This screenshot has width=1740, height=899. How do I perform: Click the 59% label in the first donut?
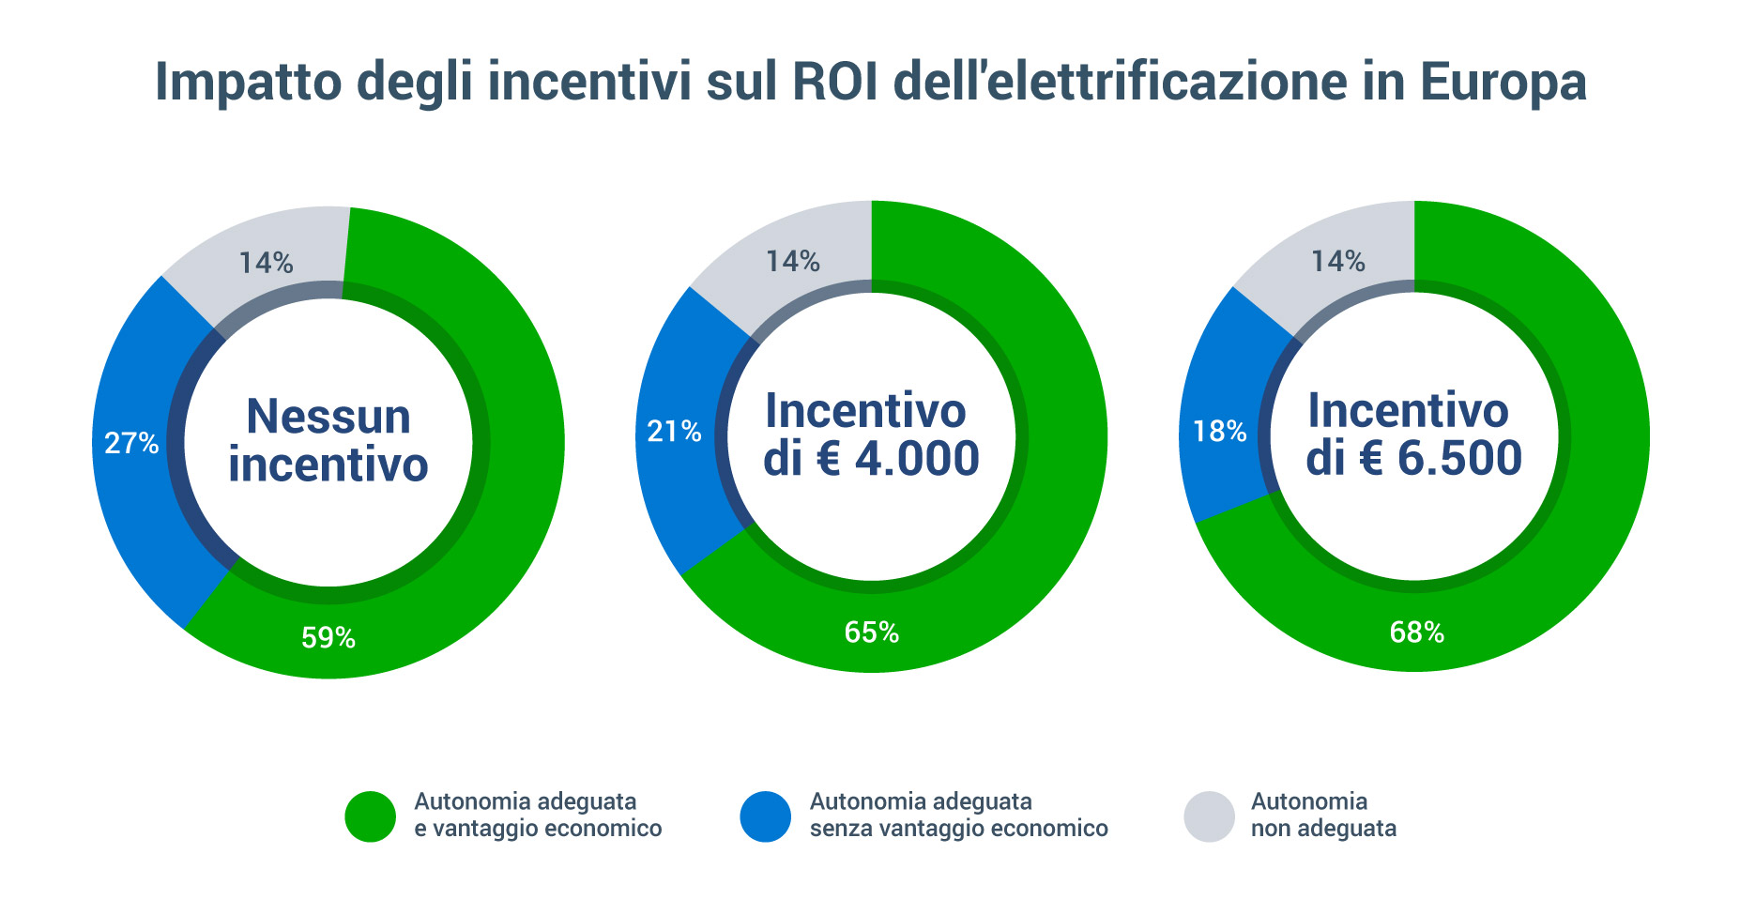(328, 638)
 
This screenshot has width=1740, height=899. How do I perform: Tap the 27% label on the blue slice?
(131, 443)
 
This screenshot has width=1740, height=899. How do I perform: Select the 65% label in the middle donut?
(872, 632)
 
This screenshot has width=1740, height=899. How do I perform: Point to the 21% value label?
(674, 432)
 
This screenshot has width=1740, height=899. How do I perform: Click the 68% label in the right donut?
(1416, 632)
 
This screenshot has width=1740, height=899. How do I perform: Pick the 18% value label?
(1219, 432)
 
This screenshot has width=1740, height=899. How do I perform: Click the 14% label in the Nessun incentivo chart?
(266, 264)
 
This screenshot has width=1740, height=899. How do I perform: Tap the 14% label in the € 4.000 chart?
(793, 262)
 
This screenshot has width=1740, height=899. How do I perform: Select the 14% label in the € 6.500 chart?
(1337, 262)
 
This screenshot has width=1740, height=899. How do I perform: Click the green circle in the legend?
(371, 816)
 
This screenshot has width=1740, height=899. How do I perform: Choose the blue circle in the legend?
(766, 816)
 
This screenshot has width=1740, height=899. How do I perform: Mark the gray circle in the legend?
(1209, 816)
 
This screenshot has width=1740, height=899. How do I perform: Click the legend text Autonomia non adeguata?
(1323, 815)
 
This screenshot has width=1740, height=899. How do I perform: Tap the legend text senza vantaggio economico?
(958, 829)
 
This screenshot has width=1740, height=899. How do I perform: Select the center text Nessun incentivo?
(328, 440)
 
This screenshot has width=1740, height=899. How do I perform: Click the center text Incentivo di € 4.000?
(871, 434)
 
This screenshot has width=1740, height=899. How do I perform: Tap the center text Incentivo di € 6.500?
(1413, 434)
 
